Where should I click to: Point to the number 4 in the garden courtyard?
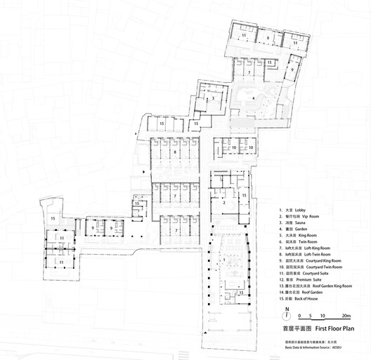tap(254, 98)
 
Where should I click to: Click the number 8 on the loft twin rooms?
tap(174, 151)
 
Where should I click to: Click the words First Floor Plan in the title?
tap(332, 328)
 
